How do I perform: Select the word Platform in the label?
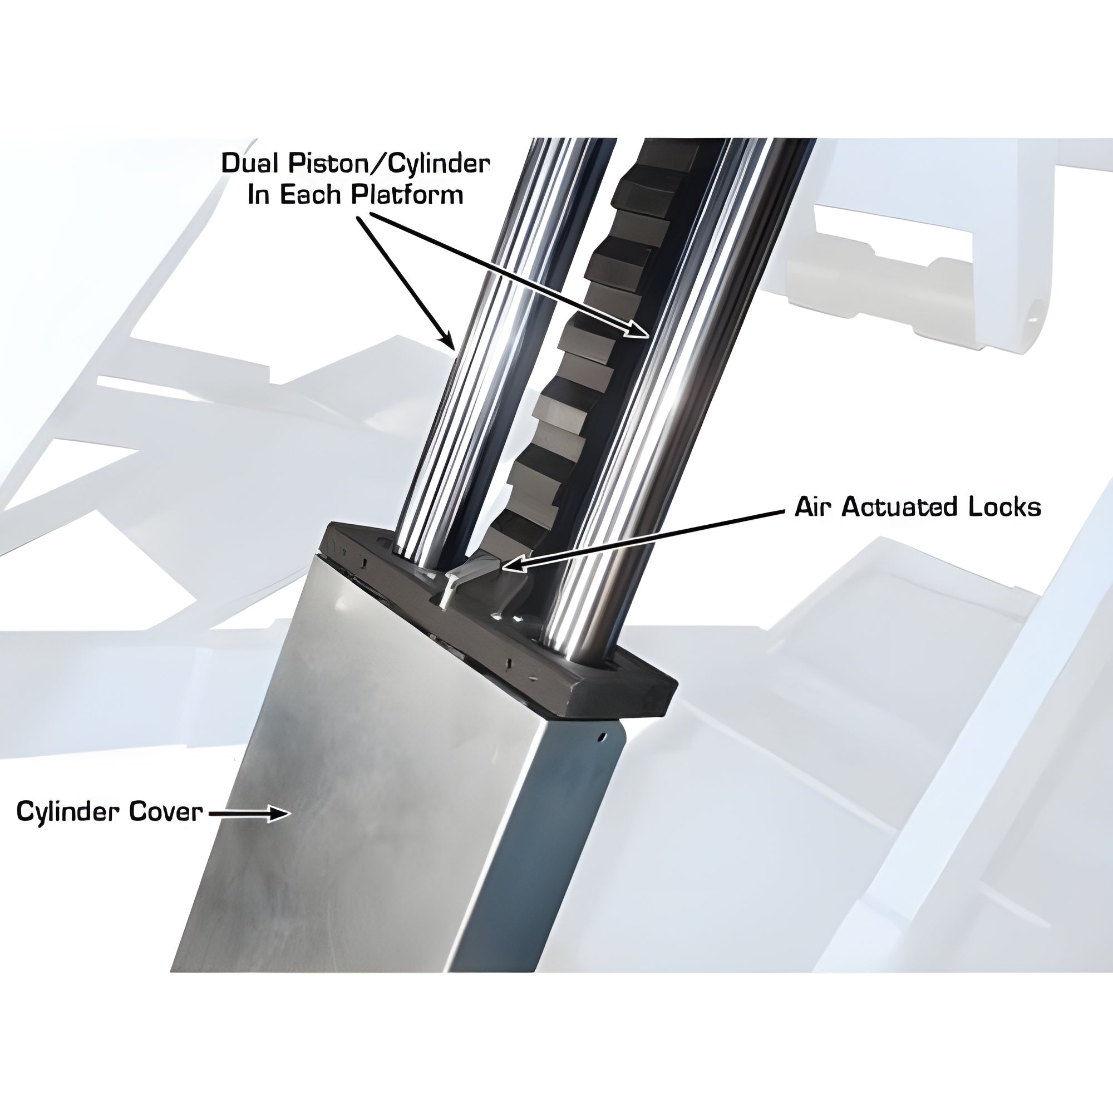click(x=407, y=195)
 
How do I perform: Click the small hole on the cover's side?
click(x=602, y=736)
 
